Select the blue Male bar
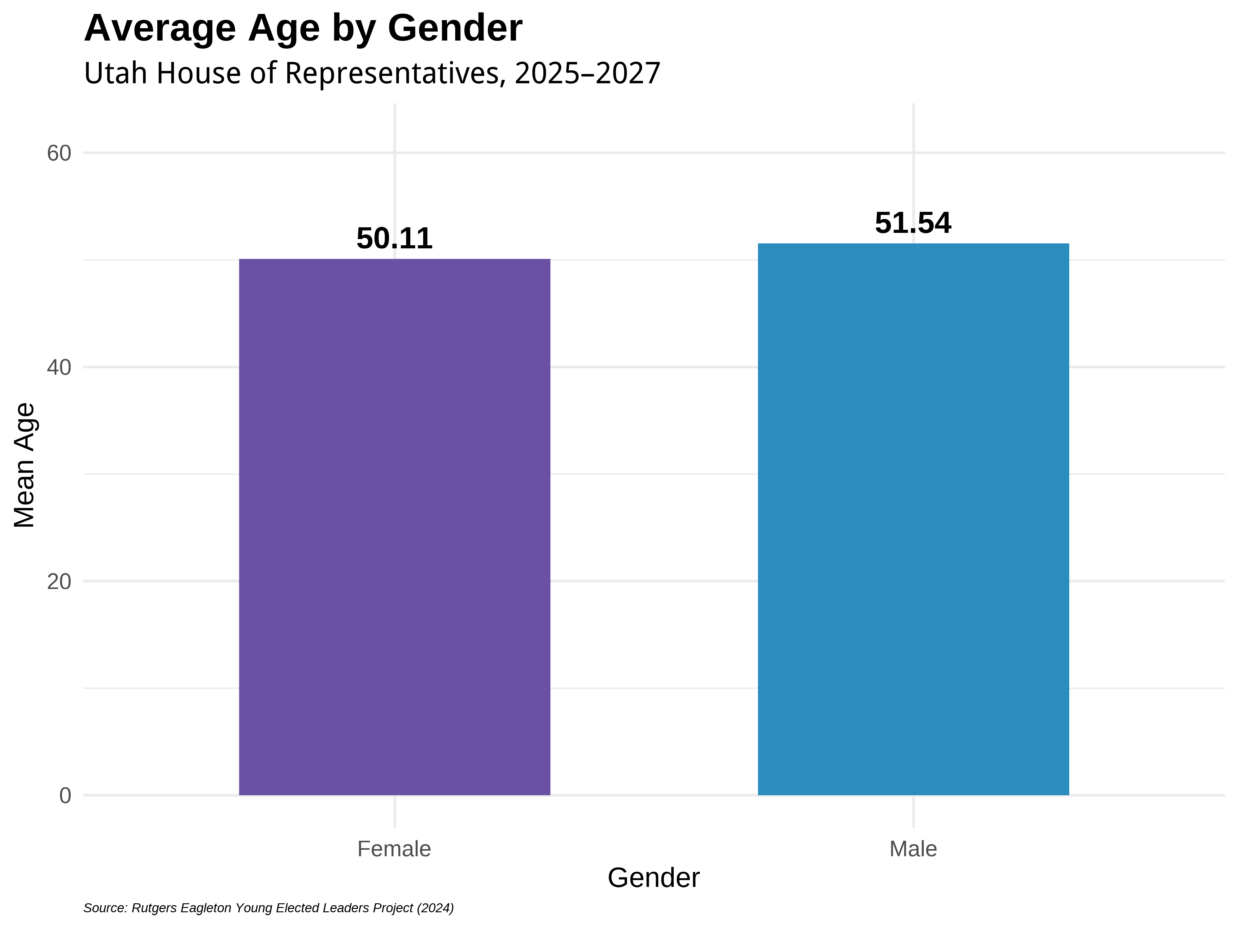[x=913, y=519]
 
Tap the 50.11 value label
[x=394, y=238]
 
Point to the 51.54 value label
[x=913, y=223]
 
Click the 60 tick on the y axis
[x=59, y=153]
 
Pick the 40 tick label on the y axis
[x=59, y=368]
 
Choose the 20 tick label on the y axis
[x=59, y=582]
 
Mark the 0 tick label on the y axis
[x=65, y=796]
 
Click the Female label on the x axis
[x=394, y=849]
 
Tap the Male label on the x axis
[x=913, y=849]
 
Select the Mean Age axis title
[x=25, y=465]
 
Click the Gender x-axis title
[x=654, y=878]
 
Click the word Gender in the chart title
[x=455, y=28]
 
